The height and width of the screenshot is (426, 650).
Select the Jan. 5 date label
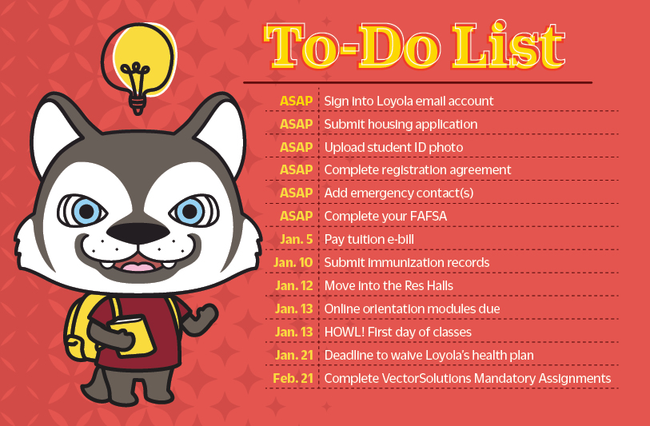point(297,240)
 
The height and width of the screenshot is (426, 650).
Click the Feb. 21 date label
point(295,378)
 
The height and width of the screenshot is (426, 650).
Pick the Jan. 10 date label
point(293,263)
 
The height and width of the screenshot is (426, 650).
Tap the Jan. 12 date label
point(293,285)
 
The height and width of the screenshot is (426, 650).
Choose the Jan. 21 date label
point(294,355)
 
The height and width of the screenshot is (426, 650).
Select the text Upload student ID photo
point(393,147)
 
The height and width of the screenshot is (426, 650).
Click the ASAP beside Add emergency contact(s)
point(296,193)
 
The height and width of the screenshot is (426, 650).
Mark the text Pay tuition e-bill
point(369,240)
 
